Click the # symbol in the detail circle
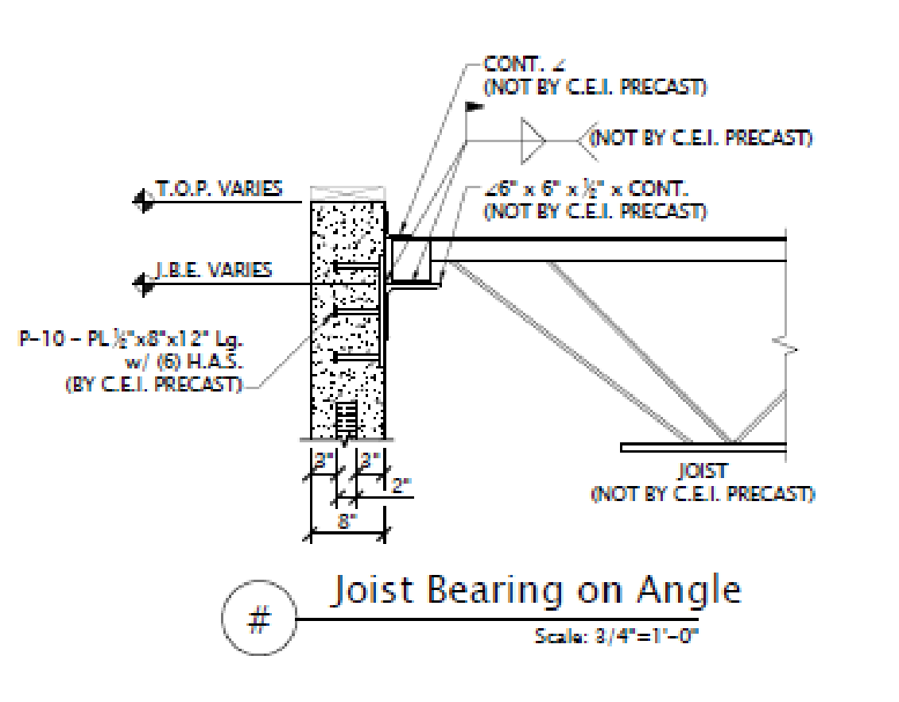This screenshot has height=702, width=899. tap(258, 620)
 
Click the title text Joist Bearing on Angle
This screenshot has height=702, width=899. tap(534, 592)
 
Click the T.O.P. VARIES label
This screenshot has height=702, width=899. tap(218, 189)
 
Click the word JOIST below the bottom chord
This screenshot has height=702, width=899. tap(702, 472)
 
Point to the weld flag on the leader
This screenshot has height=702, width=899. tap(475, 106)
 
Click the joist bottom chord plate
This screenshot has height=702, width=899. tap(703, 448)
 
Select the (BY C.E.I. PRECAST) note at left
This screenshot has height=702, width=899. tap(153, 385)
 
